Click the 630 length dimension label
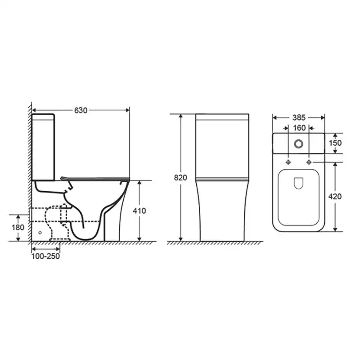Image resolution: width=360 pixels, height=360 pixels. point(81,110)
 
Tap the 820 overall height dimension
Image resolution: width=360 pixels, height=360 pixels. point(180,177)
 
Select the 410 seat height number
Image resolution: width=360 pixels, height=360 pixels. point(139,211)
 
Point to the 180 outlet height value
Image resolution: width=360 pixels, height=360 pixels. point(18,227)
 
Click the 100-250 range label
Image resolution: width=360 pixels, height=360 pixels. point(46,256)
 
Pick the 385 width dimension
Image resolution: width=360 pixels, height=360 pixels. point(299,118)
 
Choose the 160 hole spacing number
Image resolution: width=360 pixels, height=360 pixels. point(299,128)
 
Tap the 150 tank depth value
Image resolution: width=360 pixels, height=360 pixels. point(335,143)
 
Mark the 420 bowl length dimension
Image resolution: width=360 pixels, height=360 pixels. point(335,197)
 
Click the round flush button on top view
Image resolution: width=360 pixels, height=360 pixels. point(298,144)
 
